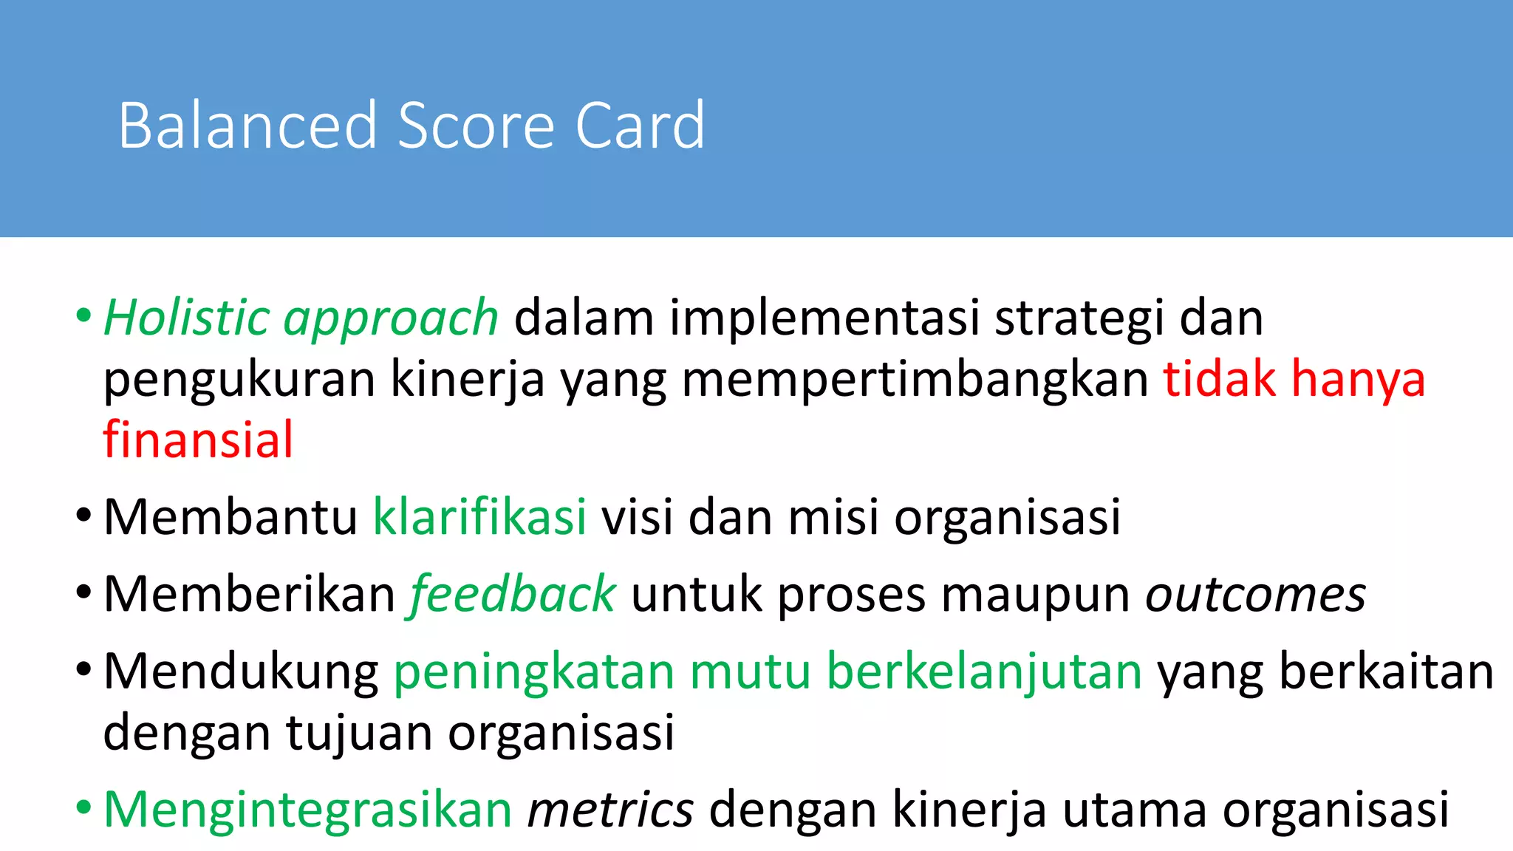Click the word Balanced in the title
(x=247, y=126)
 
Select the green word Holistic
(x=186, y=318)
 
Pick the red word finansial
(x=198, y=440)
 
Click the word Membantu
(x=230, y=517)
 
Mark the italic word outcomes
(x=1255, y=595)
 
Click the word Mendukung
(x=241, y=672)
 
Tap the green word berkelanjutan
(x=984, y=672)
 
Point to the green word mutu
(x=750, y=672)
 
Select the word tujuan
(x=360, y=734)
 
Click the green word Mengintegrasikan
(x=308, y=810)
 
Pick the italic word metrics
(x=610, y=810)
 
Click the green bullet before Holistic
(x=83, y=317)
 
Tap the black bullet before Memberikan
(x=83, y=592)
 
